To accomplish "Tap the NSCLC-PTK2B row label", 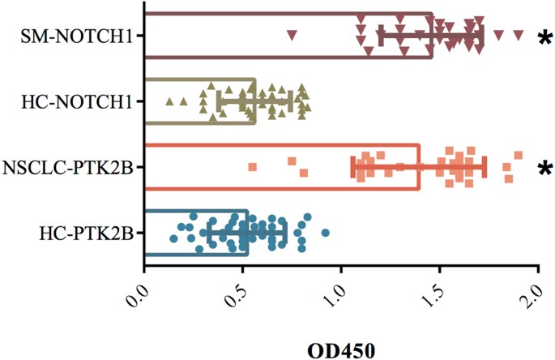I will click(68, 167).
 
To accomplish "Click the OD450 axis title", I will click(341, 349).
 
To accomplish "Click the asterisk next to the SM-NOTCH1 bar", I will click(544, 38).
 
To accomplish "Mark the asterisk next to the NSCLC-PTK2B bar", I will click(544, 169).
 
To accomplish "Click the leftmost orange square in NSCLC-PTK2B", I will click(252, 167).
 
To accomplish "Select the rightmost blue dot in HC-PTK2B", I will click(325, 234).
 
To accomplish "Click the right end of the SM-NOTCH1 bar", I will click(432, 36).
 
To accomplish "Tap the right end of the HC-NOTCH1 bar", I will click(254, 101).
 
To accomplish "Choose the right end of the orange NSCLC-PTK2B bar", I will click(419, 167).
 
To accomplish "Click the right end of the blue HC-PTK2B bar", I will click(247, 234).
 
